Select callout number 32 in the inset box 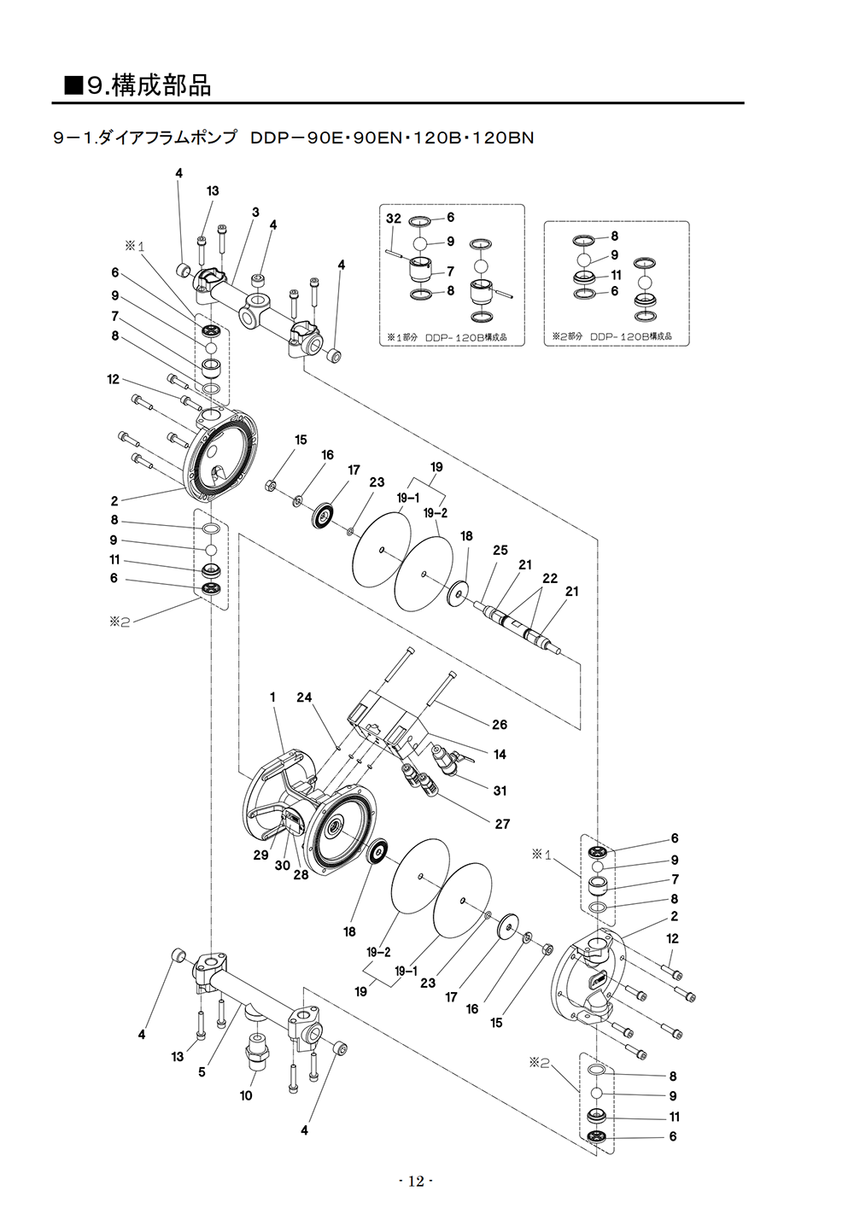click(x=394, y=219)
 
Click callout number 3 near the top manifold click(x=255, y=212)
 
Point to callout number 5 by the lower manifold click(x=202, y=1071)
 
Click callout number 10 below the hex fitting click(x=246, y=1095)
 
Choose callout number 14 click(x=500, y=755)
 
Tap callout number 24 click(x=304, y=697)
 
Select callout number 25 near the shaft click(x=500, y=550)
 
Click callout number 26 click(x=500, y=725)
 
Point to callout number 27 click(x=502, y=824)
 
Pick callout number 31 click(x=500, y=791)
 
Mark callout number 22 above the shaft click(x=550, y=578)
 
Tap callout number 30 click(x=283, y=865)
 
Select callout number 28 click(x=301, y=875)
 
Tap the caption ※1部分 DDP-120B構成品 click(x=447, y=337)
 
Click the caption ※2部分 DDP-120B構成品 click(x=611, y=336)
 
